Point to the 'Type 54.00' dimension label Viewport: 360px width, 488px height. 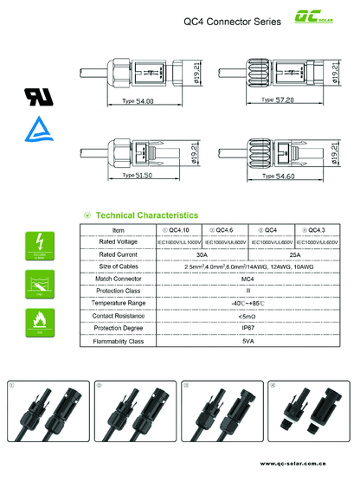pos(138,101)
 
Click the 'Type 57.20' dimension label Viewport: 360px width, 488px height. pos(278,100)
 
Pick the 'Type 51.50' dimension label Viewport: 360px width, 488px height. pos(137,176)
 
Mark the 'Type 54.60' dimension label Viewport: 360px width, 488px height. pos(278,176)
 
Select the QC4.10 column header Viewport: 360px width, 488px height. pos(179,230)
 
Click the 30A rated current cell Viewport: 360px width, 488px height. pos(202,255)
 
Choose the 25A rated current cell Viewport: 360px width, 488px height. pos(294,255)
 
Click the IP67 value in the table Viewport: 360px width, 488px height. pos(247,329)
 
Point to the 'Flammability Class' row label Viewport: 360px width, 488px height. pos(119,342)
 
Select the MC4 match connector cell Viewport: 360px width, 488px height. pos(247,279)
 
